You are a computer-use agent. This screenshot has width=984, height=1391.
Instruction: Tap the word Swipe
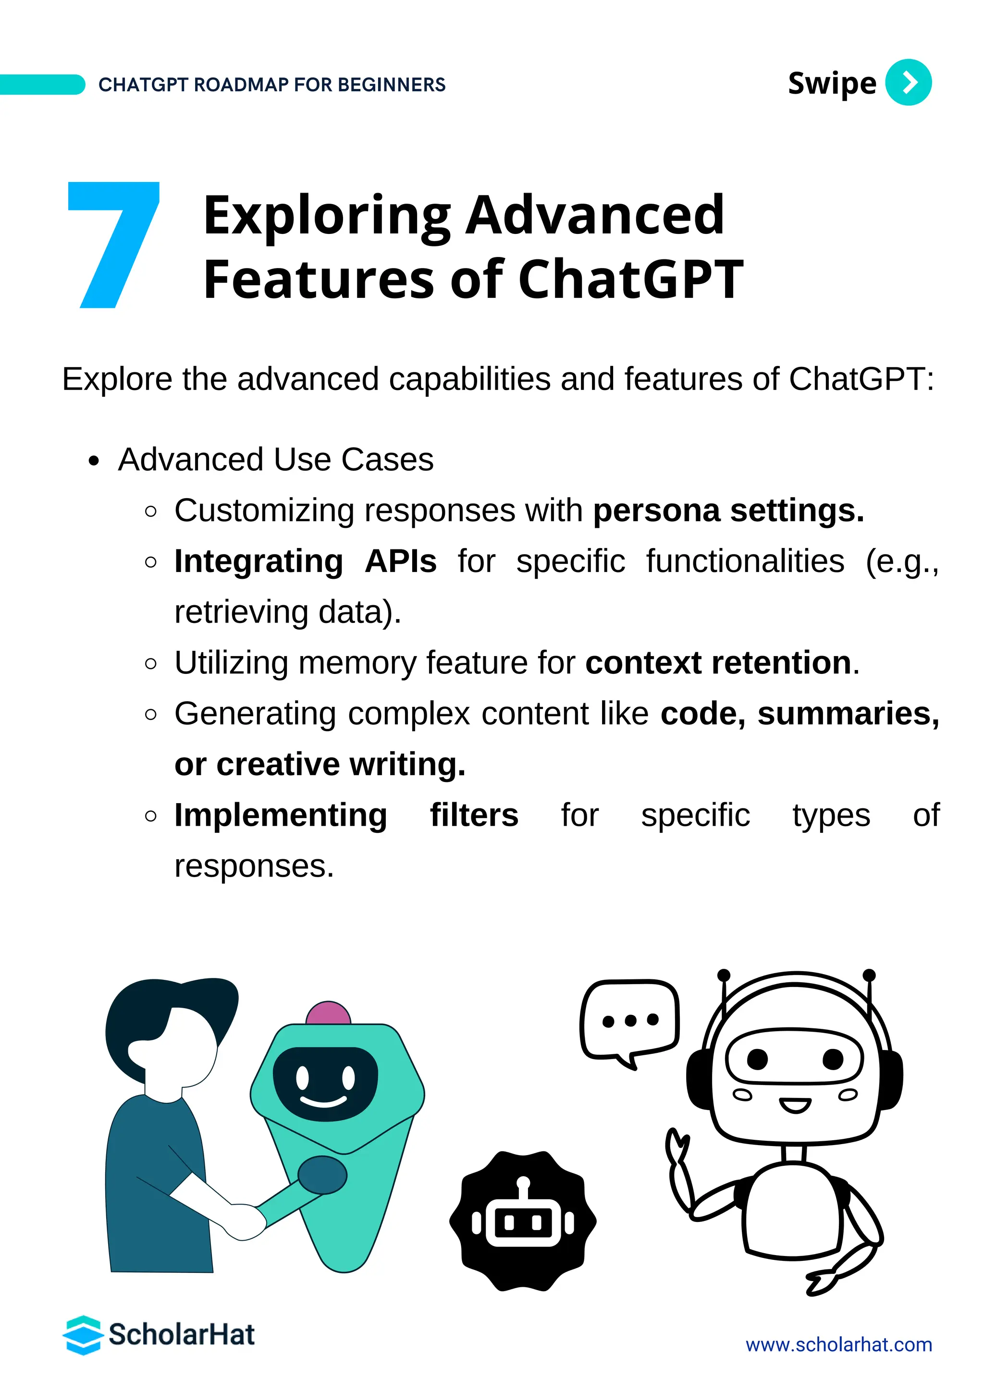coord(831,84)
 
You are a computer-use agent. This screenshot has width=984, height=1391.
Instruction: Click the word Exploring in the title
coord(327,216)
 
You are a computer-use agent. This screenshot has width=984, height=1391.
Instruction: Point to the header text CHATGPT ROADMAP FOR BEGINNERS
coord(272,85)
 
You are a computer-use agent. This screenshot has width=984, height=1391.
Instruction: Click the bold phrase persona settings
coord(728,510)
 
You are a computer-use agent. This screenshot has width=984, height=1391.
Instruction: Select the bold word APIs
coord(401,561)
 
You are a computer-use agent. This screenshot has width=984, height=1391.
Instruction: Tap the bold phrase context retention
coord(718,663)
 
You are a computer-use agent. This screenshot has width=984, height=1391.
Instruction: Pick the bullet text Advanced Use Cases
coord(276,459)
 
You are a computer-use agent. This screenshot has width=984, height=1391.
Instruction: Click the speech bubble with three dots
coord(629,1022)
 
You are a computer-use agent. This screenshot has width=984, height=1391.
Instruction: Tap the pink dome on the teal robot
coord(328,1013)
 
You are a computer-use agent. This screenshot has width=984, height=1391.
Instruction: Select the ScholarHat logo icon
coord(83,1335)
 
